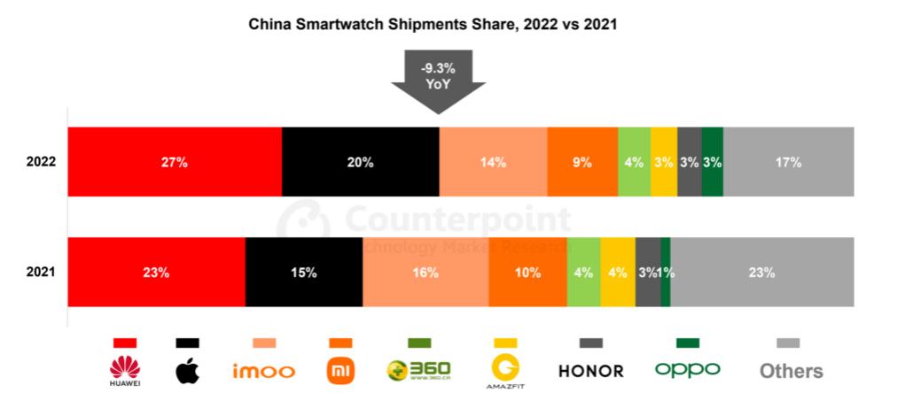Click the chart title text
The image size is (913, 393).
coord(432,25)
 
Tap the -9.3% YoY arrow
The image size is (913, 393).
coord(438,81)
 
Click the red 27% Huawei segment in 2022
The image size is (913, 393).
coord(175,162)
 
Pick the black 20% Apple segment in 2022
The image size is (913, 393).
coord(360,162)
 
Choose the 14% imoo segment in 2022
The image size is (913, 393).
coord(493,162)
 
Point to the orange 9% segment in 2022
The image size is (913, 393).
coord(582,162)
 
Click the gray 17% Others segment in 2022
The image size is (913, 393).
coord(789,162)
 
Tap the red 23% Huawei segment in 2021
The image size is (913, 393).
coord(156,273)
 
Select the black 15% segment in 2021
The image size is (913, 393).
coord(303,273)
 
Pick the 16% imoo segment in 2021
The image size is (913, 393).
coord(425,273)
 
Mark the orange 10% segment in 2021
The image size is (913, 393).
coord(527,273)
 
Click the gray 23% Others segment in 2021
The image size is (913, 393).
coord(762,273)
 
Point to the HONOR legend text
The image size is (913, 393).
coord(590,371)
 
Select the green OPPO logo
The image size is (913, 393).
coord(687,370)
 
